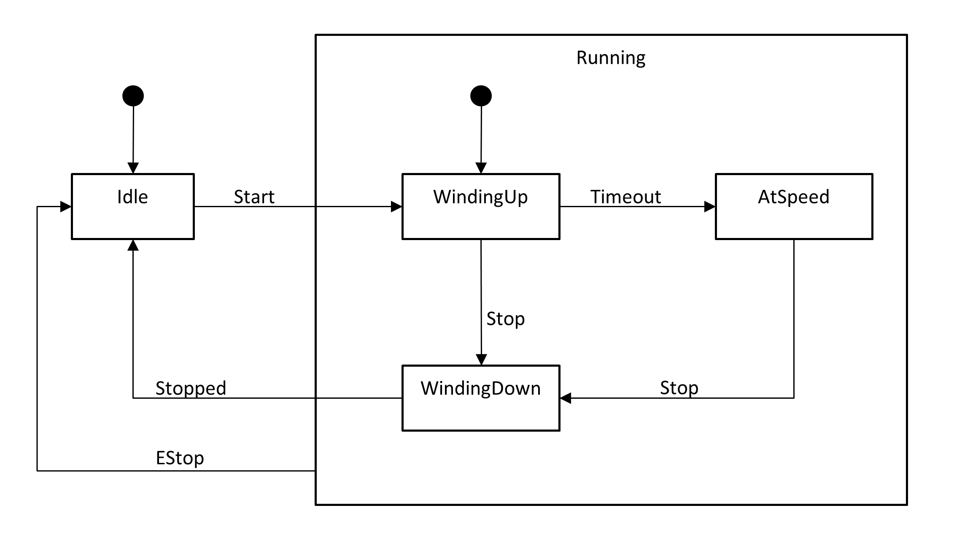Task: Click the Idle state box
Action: [x=133, y=206]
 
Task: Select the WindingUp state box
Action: [x=481, y=206]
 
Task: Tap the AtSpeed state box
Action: [x=794, y=206]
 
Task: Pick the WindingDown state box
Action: [x=481, y=398]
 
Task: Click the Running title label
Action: [x=611, y=58]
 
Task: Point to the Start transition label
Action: [x=254, y=197]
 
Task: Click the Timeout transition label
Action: [x=625, y=197]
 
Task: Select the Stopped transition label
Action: [x=191, y=388]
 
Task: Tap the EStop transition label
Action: [x=180, y=458]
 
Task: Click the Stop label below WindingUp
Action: [x=505, y=319]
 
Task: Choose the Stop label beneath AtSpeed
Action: [x=679, y=388]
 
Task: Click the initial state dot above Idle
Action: [x=133, y=96]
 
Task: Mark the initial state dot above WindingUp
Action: [x=481, y=96]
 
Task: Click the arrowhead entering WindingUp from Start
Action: [x=396, y=206]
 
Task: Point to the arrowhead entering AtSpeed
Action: [x=710, y=206]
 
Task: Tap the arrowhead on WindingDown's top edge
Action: [x=481, y=359]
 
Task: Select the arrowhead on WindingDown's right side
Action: [x=566, y=398]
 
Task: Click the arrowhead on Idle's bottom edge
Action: [x=133, y=245]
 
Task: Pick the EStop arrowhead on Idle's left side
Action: [x=66, y=206]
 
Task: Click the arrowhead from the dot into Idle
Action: [x=133, y=168]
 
